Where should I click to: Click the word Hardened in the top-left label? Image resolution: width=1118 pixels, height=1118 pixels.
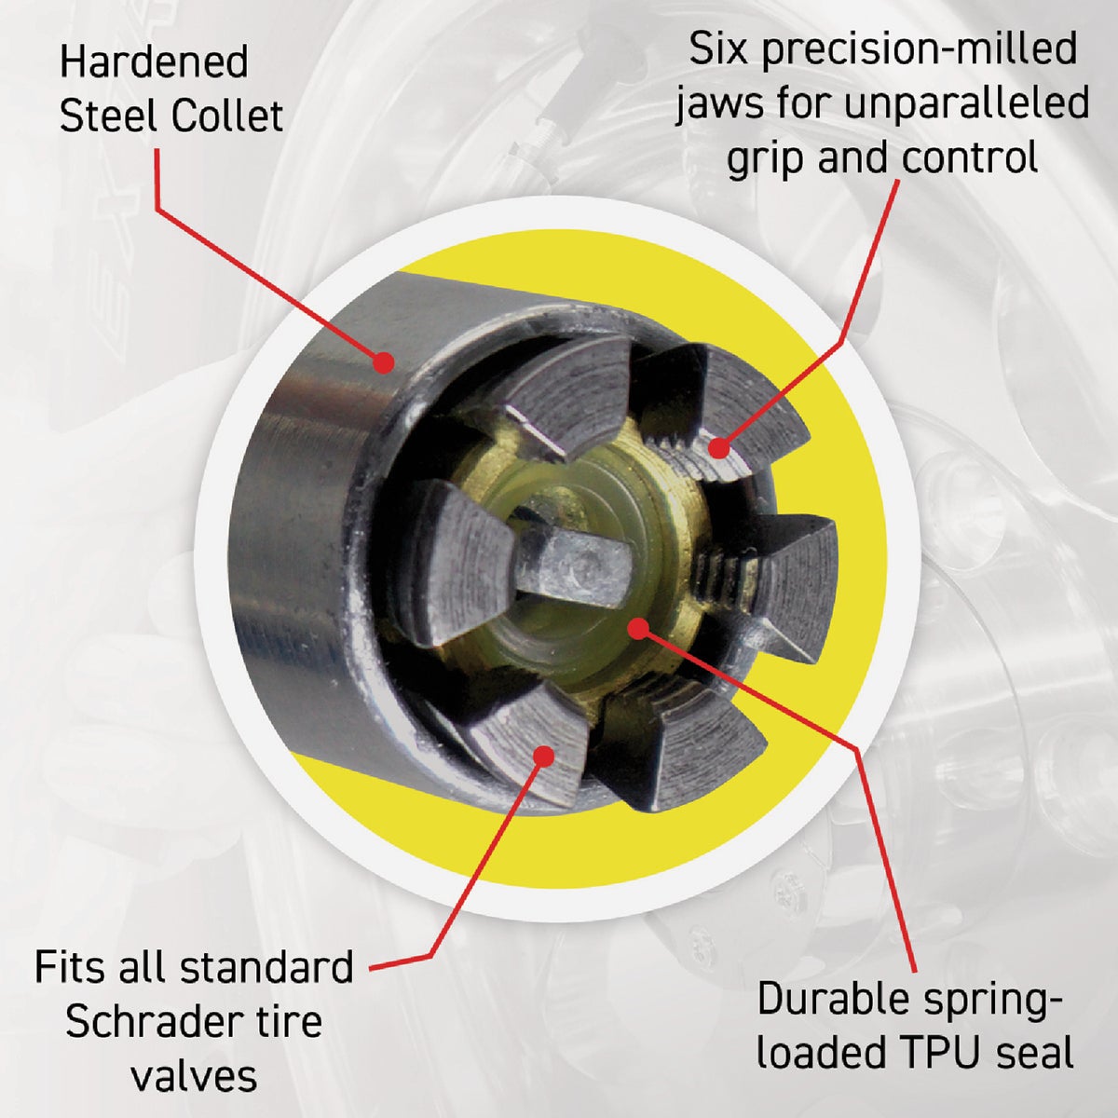[x=154, y=64]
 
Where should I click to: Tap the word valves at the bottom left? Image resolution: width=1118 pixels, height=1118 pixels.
[x=194, y=1076]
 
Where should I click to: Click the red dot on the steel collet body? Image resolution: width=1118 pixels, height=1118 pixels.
[x=382, y=364]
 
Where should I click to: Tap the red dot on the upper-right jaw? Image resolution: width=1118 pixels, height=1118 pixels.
[x=718, y=448]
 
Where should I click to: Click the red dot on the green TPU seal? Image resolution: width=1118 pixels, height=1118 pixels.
[x=636, y=628]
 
